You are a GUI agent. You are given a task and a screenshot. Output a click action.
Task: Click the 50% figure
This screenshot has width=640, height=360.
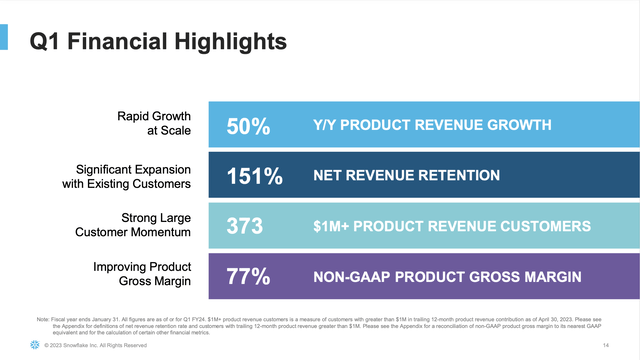247,126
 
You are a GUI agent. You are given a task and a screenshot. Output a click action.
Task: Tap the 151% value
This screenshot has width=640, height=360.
254,176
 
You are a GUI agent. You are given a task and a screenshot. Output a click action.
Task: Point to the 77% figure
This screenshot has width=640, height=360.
247,276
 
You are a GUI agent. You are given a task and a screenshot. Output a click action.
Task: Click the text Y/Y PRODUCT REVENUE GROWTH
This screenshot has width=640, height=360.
431,126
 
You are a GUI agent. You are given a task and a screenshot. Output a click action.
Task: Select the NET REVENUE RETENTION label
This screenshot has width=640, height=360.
407,176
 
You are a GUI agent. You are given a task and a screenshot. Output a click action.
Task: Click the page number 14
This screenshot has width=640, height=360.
607,345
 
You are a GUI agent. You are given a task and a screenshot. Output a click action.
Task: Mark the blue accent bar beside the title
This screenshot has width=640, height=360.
5,38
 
